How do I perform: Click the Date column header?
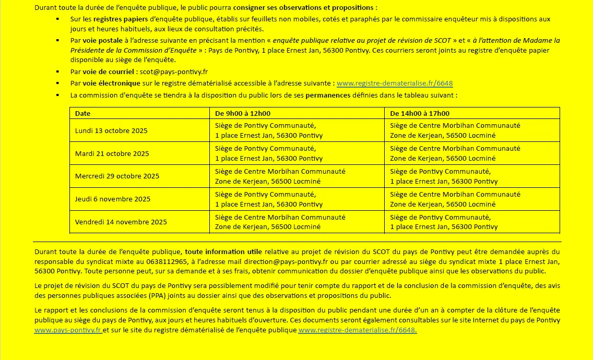coord(83,113)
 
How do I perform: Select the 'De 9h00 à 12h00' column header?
coord(243,113)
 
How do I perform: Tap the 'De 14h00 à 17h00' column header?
coord(420,113)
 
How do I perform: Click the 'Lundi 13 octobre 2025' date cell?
coord(111,130)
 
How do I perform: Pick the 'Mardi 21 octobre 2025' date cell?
coord(112,153)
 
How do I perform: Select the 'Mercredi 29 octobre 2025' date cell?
coord(117,176)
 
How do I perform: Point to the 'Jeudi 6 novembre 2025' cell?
coord(113,199)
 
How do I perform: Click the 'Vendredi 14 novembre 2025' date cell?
coord(121,222)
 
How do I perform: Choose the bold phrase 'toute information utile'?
coord(223,251)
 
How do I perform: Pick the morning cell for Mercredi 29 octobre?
coord(280,176)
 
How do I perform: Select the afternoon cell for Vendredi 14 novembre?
coord(444,222)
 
